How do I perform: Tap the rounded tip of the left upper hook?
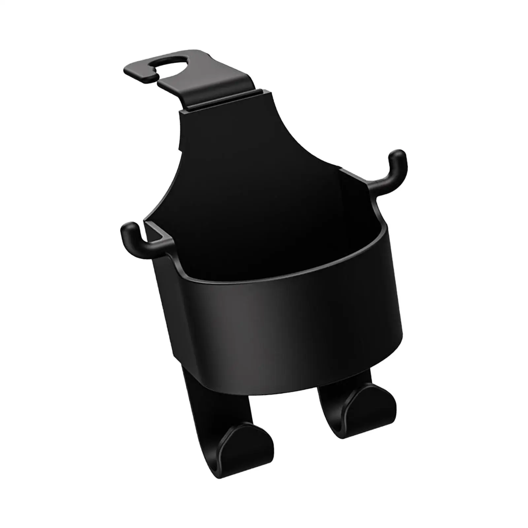(127, 228)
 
